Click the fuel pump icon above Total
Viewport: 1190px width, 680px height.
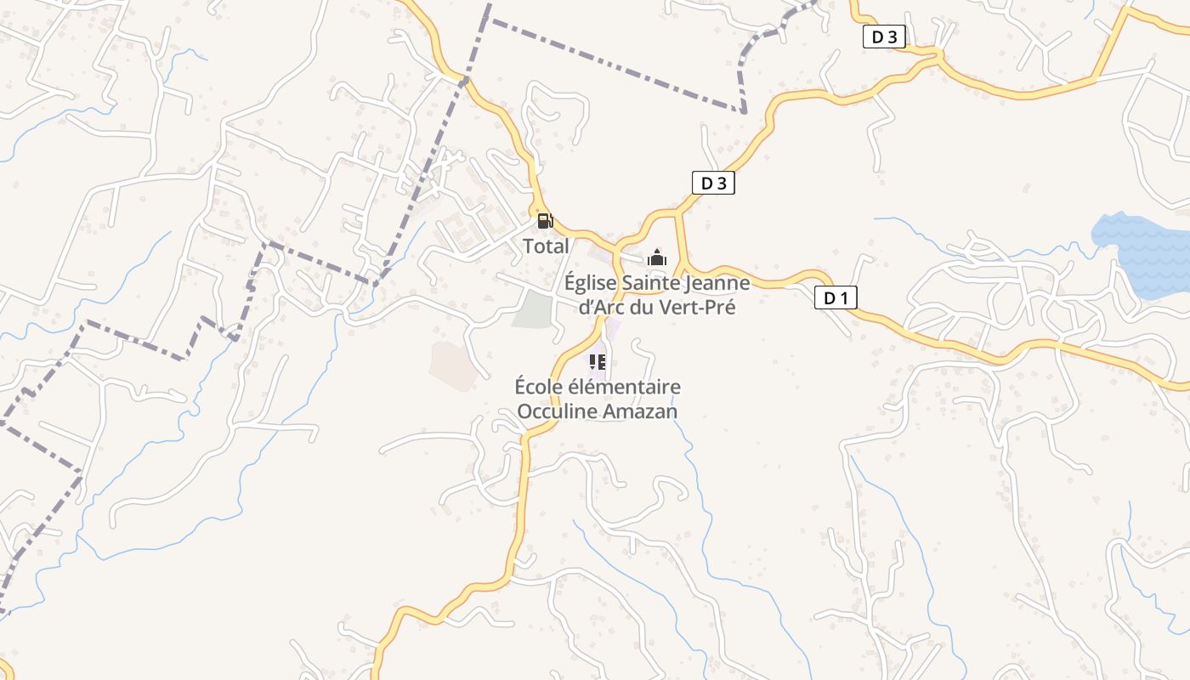click(545, 222)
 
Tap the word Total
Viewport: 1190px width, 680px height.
click(546, 246)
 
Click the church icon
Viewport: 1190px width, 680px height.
click(656, 257)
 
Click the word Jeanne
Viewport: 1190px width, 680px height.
click(719, 283)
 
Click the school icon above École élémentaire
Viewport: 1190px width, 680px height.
click(597, 362)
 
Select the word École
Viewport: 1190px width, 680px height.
click(539, 388)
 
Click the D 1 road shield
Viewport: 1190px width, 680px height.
click(836, 297)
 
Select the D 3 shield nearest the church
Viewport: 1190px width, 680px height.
click(712, 183)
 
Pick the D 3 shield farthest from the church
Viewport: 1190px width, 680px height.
click(884, 37)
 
